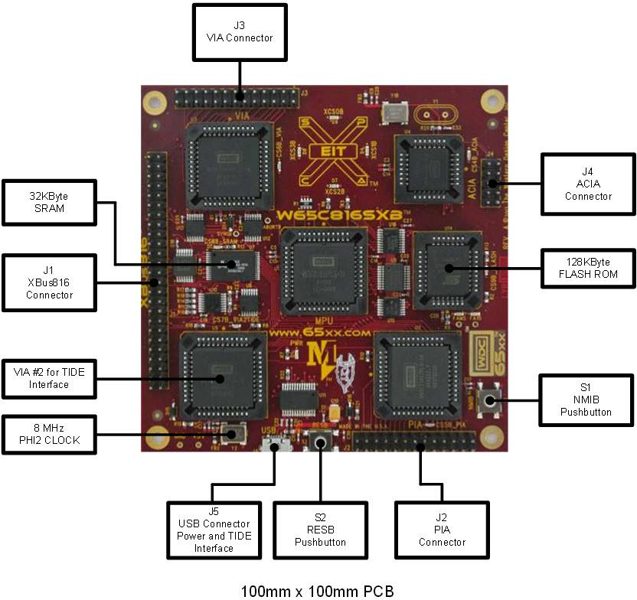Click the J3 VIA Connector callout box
pyautogui.click(x=240, y=32)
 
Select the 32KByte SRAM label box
pyautogui.click(x=50, y=203)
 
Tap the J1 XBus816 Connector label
pyautogui.click(x=49, y=282)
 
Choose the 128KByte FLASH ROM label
pyautogui.click(x=588, y=269)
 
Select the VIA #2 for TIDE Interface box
pyautogui.click(x=49, y=378)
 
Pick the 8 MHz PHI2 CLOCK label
pyautogui.click(x=49, y=434)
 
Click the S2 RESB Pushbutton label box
pyautogui.click(x=320, y=530)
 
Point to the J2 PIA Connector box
pyautogui.click(x=442, y=530)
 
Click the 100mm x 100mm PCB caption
pyautogui.click(x=318, y=591)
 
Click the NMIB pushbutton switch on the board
pyautogui.click(x=485, y=399)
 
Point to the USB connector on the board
pyautogui.click(x=274, y=444)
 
